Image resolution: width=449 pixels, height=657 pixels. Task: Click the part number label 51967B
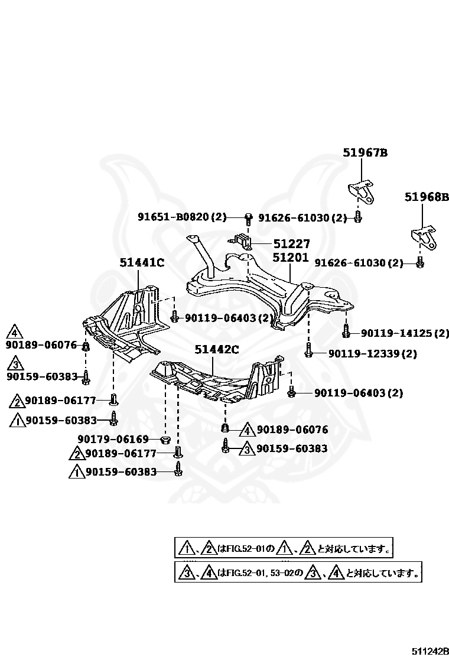[x=365, y=152]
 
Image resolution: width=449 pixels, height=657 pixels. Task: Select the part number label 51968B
[x=427, y=197]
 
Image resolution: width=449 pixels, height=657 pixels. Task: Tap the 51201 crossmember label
[x=290, y=258]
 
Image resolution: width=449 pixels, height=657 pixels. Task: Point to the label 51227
[x=291, y=244]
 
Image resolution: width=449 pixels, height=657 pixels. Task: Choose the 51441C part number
[x=142, y=262]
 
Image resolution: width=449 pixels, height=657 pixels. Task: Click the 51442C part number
[x=217, y=350]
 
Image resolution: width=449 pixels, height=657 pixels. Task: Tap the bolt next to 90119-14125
[x=346, y=332]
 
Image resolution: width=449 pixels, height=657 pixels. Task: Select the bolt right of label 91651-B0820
[x=249, y=219]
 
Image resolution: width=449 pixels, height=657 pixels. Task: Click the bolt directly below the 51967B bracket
[x=358, y=217]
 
